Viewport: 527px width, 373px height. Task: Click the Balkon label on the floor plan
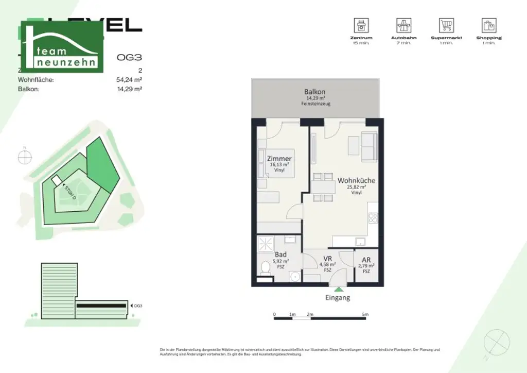315,92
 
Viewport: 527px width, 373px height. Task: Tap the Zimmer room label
279,159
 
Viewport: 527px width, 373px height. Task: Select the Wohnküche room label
356,181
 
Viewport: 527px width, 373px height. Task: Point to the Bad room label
280,255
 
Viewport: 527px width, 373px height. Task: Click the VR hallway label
327,259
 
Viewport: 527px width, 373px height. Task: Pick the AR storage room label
366,260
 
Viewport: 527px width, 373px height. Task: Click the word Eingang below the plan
337,298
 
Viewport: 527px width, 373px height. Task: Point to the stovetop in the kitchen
373,218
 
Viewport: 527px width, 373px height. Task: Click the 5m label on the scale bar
365,314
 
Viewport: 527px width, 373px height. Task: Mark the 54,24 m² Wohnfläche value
129,80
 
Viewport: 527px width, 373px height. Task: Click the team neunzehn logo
62,47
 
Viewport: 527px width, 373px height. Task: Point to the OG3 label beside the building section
137,306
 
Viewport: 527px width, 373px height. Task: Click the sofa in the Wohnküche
369,145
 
